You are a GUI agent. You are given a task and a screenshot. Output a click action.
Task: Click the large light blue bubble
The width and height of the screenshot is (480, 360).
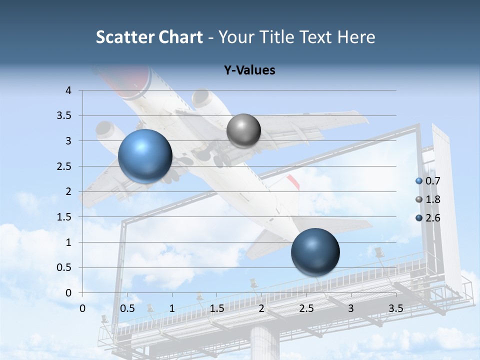pyautogui.click(x=145, y=156)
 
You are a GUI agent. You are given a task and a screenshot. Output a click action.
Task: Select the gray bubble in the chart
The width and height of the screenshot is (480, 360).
pyautogui.click(x=243, y=130)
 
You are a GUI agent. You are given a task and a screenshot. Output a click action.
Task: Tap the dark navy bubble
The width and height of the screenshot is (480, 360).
pyautogui.click(x=315, y=252)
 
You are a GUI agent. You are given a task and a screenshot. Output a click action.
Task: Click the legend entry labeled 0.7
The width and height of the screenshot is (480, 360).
pyautogui.click(x=432, y=181)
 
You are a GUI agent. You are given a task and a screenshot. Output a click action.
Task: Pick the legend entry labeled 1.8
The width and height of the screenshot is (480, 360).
pyautogui.click(x=432, y=199)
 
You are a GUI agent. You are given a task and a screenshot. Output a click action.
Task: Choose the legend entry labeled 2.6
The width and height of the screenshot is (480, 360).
pyautogui.click(x=432, y=218)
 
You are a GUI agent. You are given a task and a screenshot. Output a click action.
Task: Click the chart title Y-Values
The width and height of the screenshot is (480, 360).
pyautogui.click(x=249, y=70)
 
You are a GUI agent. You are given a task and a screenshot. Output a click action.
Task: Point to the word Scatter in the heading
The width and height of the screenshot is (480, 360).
pyautogui.click(x=125, y=37)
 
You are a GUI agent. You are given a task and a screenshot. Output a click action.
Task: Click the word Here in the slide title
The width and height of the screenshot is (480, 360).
pyautogui.click(x=356, y=37)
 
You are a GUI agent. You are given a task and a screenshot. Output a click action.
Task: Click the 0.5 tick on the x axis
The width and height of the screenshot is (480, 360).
pyautogui.click(x=127, y=308)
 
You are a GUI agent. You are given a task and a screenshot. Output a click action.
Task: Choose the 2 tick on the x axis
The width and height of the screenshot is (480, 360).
pyautogui.click(x=261, y=308)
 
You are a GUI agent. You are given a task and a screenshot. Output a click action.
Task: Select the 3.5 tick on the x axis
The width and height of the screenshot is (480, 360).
pyautogui.click(x=396, y=308)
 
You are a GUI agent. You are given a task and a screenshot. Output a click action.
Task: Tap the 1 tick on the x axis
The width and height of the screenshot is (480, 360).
pyautogui.click(x=172, y=308)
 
